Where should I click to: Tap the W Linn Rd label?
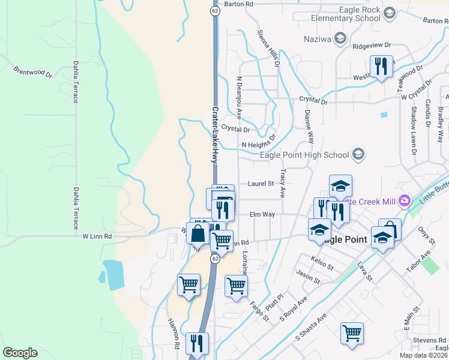click(x=97, y=237)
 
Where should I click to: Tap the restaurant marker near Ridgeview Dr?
click(x=381, y=67)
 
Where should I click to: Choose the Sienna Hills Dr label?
click(x=269, y=47)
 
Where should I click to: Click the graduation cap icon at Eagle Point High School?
click(x=358, y=155)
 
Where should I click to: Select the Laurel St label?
click(x=261, y=184)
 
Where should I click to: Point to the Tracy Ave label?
click(x=282, y=183)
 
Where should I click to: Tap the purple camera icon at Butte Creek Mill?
click(x=405, y=199)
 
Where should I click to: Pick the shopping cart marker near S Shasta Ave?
click(x=352, y=332)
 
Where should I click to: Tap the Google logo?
click(x=20, y=353)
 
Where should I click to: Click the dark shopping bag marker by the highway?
click(x=198, y=233)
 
